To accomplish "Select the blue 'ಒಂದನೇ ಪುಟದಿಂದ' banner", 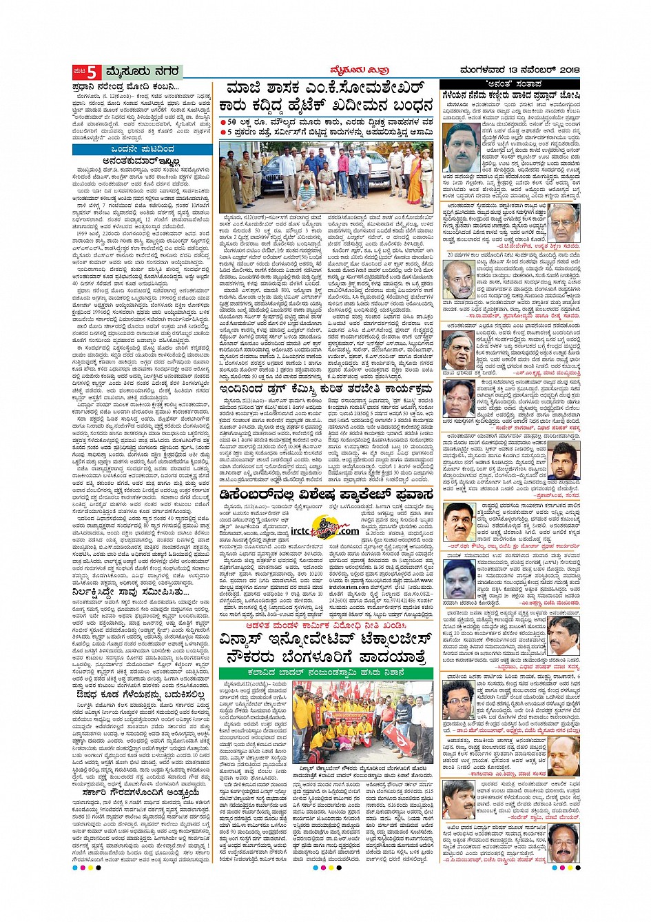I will click(143, 149).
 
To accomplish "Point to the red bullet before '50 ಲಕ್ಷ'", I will click(224, 122).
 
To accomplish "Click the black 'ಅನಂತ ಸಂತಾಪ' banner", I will click(510, 84).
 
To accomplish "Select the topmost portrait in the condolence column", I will click(461, 148).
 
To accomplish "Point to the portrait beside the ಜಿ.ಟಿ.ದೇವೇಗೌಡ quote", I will click(564, 222).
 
